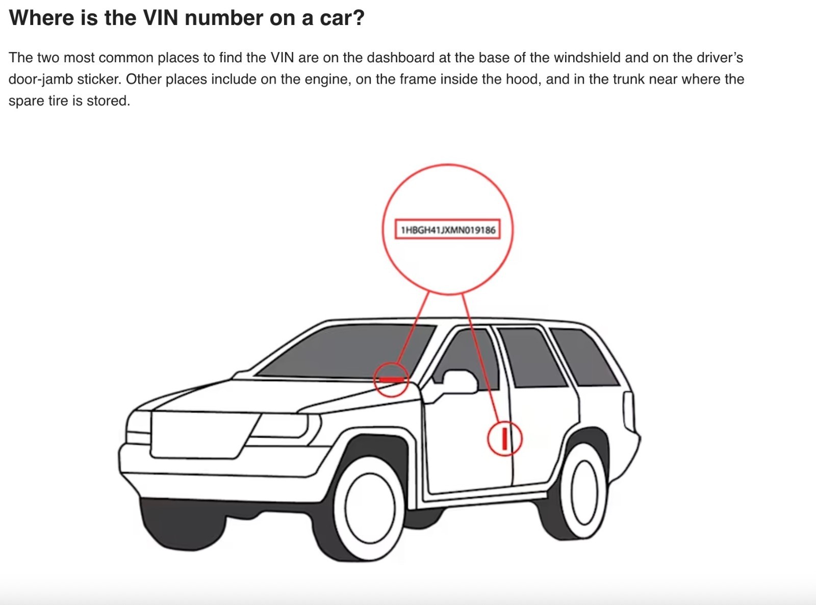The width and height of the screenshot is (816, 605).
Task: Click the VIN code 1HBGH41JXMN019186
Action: click(448, 230)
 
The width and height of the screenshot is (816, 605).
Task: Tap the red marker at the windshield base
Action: click(392, 380)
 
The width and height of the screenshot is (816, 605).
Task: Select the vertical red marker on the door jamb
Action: click(504, 438)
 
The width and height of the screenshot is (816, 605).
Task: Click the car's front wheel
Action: click(370, 508)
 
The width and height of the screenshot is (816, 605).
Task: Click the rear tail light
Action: click(628, 412)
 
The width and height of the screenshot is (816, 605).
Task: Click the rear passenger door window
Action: click(531, 357)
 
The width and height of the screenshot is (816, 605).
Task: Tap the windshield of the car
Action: click(346, 351)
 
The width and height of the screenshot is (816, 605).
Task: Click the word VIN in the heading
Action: click(161, 17)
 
